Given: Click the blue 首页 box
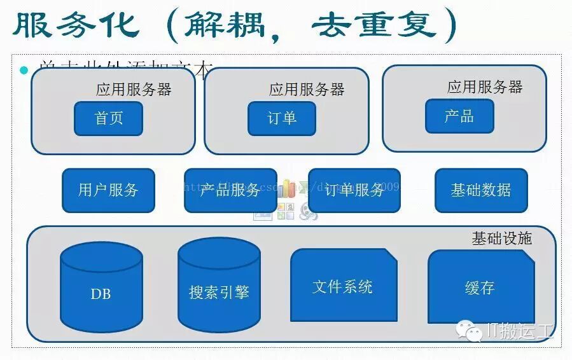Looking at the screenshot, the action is pos(108,118).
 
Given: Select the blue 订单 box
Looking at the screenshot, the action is pos(281,118).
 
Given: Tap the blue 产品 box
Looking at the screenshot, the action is pos(459,116).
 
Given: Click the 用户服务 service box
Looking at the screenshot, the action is pos(108,190).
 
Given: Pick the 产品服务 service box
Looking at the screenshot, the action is pos(230,190).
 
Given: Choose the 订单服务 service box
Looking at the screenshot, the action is pos(354,190).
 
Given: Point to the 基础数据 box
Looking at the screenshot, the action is pos(480,190).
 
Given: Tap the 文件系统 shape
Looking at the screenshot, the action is pos(343,286).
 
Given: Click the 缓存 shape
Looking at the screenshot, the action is pos(480,287).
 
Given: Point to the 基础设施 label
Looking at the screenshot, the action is pos(501,239).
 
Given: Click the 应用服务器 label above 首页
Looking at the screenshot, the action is pos(134,89).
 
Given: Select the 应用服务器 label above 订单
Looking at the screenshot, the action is pos(307,89).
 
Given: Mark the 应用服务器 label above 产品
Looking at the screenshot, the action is pos(484,87).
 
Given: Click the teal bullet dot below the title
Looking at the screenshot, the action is pos(24,70).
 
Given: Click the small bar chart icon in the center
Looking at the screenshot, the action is pos(287,188).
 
